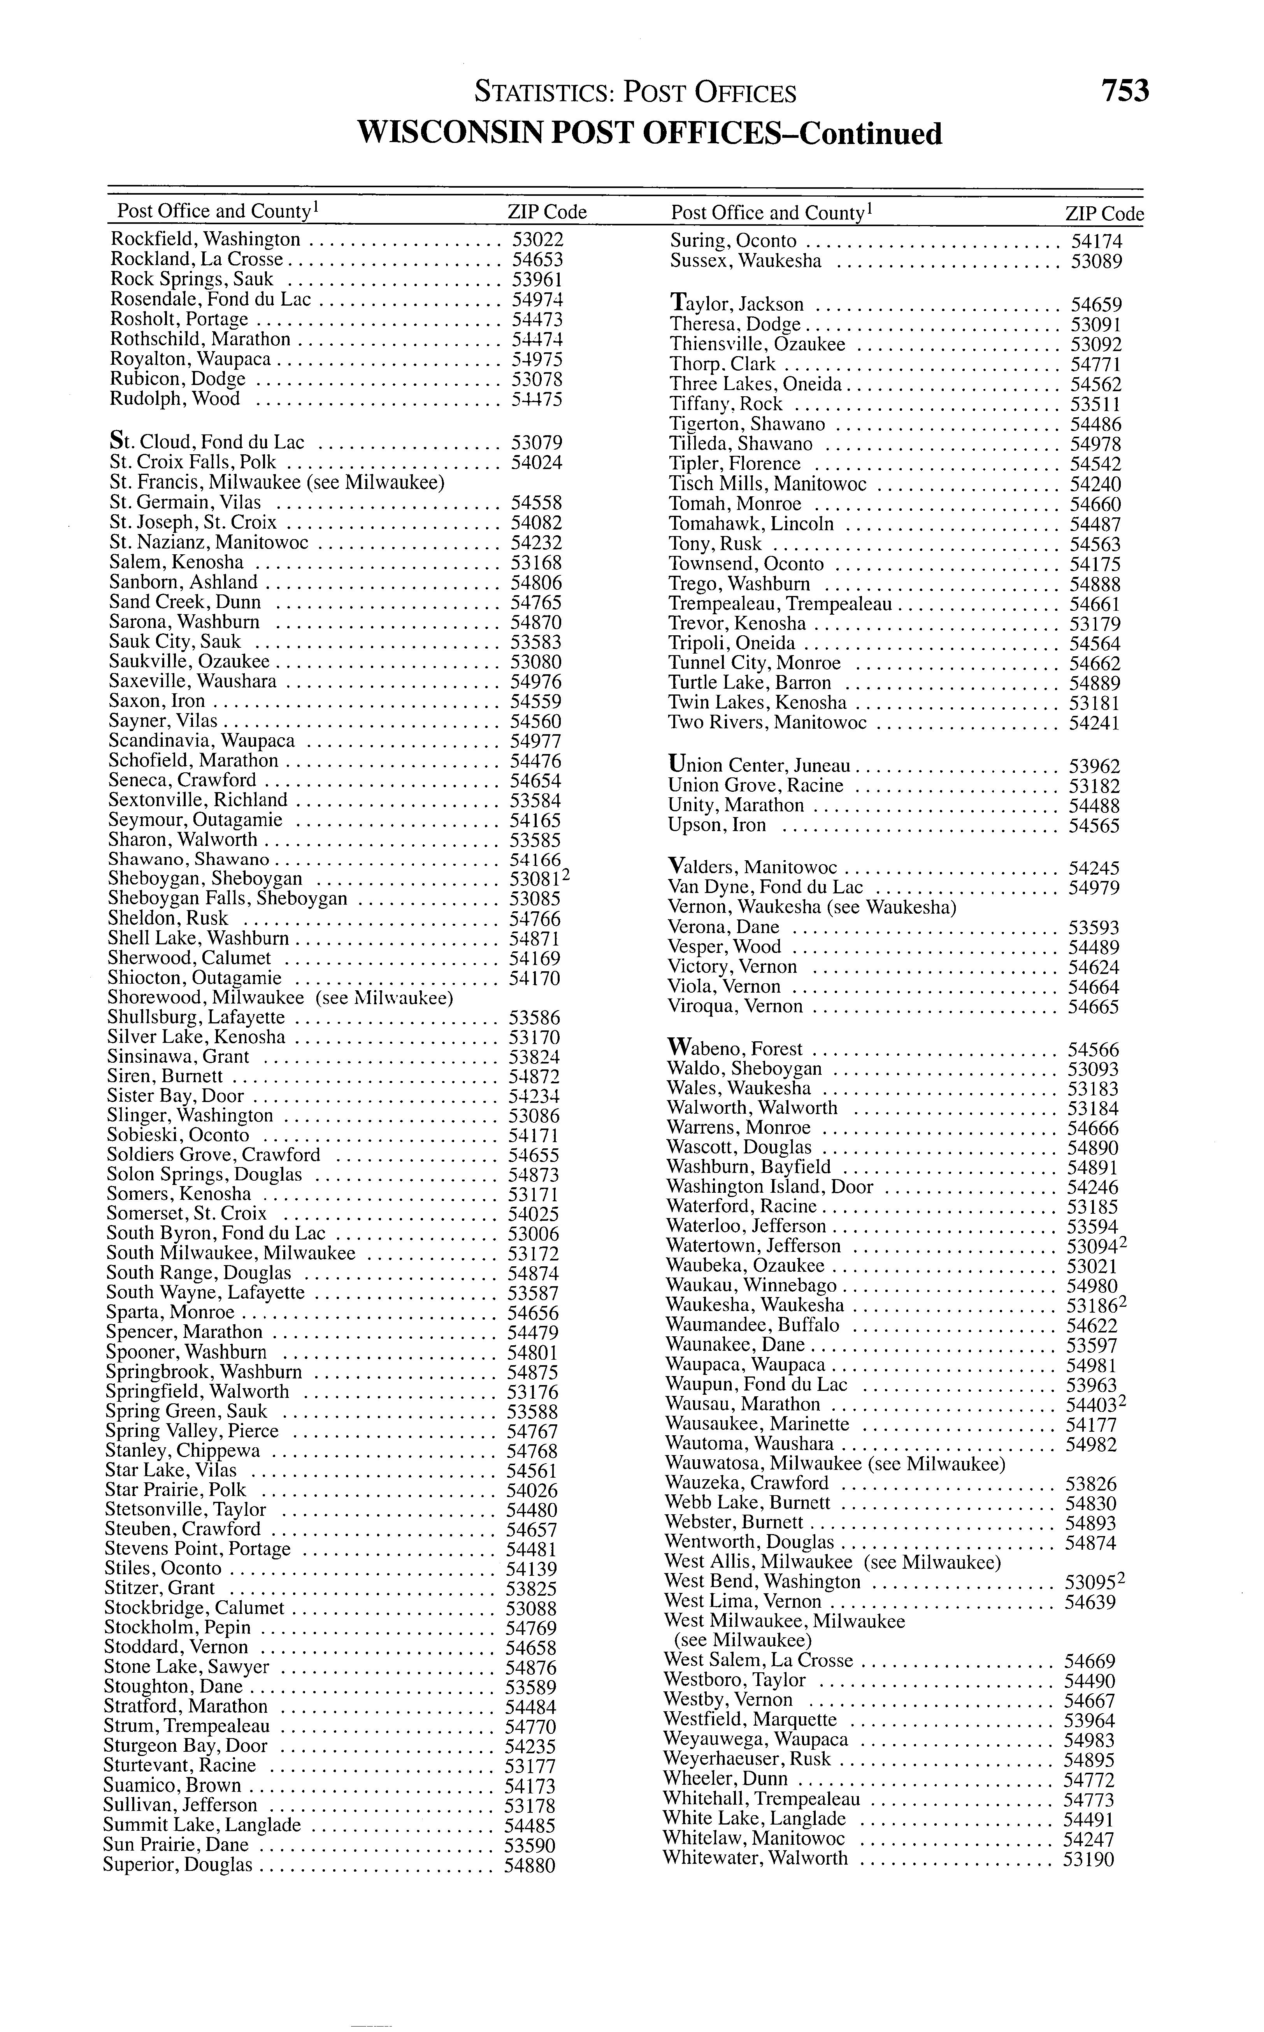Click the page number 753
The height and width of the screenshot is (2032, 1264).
[x=1125, y=90]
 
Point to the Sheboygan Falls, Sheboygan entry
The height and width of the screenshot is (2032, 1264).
[x=227, y=899]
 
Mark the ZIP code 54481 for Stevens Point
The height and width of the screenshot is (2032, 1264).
[x=532, y=1550]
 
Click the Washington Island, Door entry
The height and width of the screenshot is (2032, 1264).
[x=769, y=1187]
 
